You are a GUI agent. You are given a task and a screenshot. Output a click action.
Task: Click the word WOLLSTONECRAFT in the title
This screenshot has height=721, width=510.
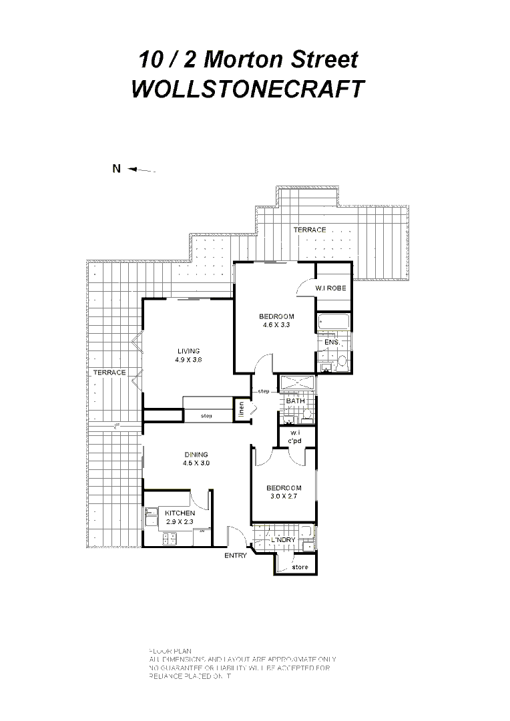[x=248, y=89]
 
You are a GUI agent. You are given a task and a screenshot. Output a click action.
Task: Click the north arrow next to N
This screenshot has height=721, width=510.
[x=142, y=170]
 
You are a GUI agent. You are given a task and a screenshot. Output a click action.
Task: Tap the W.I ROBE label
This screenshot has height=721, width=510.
[x=331, y=288]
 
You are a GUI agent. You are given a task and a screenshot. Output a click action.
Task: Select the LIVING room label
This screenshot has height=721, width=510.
[x=188, y=351]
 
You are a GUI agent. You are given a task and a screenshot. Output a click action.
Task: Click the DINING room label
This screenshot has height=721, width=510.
[x=196, y=455]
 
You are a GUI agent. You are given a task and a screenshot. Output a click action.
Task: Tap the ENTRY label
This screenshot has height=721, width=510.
[x=235, y=555]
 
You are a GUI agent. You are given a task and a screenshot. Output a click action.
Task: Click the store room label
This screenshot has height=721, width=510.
[x=300, y=567]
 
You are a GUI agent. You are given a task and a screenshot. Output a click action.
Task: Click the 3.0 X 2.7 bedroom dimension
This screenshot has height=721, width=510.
[x=284, y=497]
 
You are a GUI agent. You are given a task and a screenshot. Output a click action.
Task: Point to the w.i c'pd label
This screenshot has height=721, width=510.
[x=295, y=437]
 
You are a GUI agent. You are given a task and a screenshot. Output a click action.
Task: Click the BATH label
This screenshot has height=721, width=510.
[x=295, y=401]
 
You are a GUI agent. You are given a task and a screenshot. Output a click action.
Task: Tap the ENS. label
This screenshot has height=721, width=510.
[x=332, y=342]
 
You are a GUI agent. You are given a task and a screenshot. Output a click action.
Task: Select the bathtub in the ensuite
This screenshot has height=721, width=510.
[x=333, y=322]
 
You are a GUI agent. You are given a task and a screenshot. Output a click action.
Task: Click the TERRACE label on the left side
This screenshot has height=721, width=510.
[x=109, y=373]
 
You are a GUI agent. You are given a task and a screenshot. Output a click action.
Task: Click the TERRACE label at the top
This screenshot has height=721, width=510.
[x=309, y=230]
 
